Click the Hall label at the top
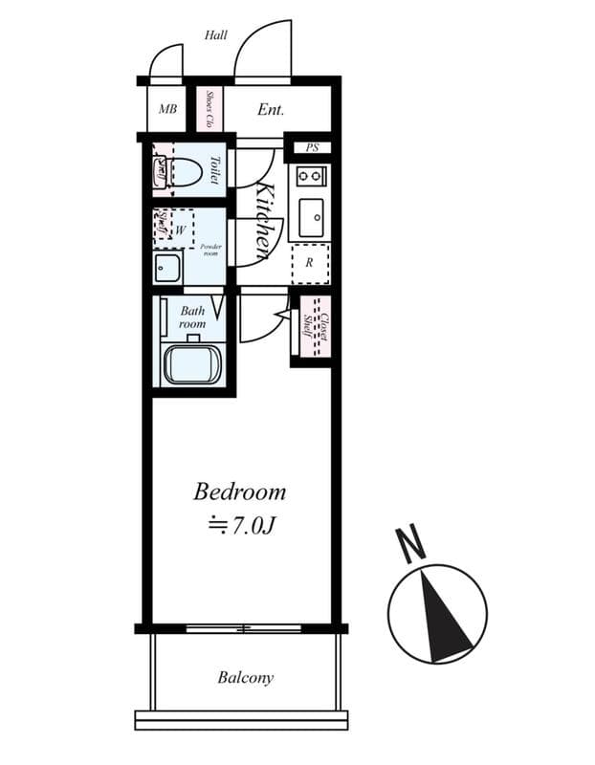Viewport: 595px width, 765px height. tap(216, 35)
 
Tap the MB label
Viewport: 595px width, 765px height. tap(167, 110)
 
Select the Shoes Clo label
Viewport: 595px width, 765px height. tap(209, 110)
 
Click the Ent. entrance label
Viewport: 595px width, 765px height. tap(271, 110)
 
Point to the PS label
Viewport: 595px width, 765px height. tap(312, 147)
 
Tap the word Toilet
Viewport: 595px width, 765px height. tap(215, 171)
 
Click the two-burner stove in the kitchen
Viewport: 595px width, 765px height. tap(310, 176)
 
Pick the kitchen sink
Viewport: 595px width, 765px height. tap(311, 219)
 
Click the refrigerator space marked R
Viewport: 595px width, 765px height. tap(310, 262)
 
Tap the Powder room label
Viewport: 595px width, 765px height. tap(210, 250)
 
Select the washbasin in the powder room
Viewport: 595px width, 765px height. tap(168, 269)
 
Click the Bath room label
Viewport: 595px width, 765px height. tap(193, 317)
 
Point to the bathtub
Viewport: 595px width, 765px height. tap(192, 365)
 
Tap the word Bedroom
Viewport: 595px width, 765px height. tap(239, 492)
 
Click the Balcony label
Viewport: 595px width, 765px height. tap(245, 678)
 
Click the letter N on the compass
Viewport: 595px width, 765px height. tap(412, 544)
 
